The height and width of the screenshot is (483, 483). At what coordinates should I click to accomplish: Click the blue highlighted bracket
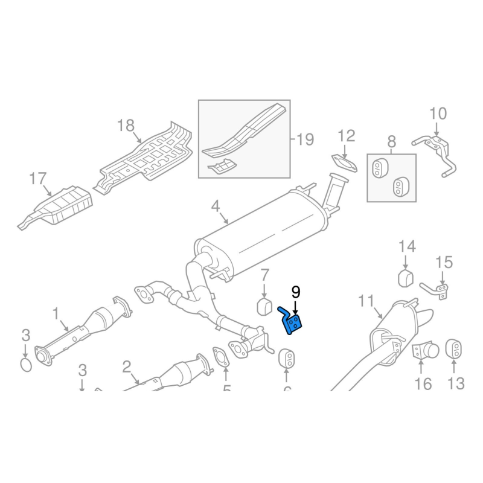coord(293,323)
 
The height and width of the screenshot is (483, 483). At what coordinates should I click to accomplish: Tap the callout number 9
coord(296,293)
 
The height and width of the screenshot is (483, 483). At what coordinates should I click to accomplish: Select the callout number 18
coord(126,126)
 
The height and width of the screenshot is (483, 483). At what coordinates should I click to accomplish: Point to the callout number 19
coord(305,140)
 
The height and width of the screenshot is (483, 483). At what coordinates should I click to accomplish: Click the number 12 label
coord(347,135)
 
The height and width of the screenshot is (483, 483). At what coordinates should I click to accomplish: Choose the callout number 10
coord(438,113)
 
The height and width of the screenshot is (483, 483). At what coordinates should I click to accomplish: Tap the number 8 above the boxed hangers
coord(391,142)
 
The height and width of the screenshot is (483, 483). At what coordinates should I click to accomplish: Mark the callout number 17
coord(37,178)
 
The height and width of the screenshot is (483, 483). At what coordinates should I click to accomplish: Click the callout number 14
coord(407,246)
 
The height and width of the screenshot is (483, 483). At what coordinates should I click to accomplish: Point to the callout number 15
coord(444,262)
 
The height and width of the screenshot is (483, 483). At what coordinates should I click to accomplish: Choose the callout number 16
coord(423,383)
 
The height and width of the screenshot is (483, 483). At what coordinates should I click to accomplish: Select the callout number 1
coord(56,313)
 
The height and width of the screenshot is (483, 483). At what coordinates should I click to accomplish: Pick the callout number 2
coord(127,366)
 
